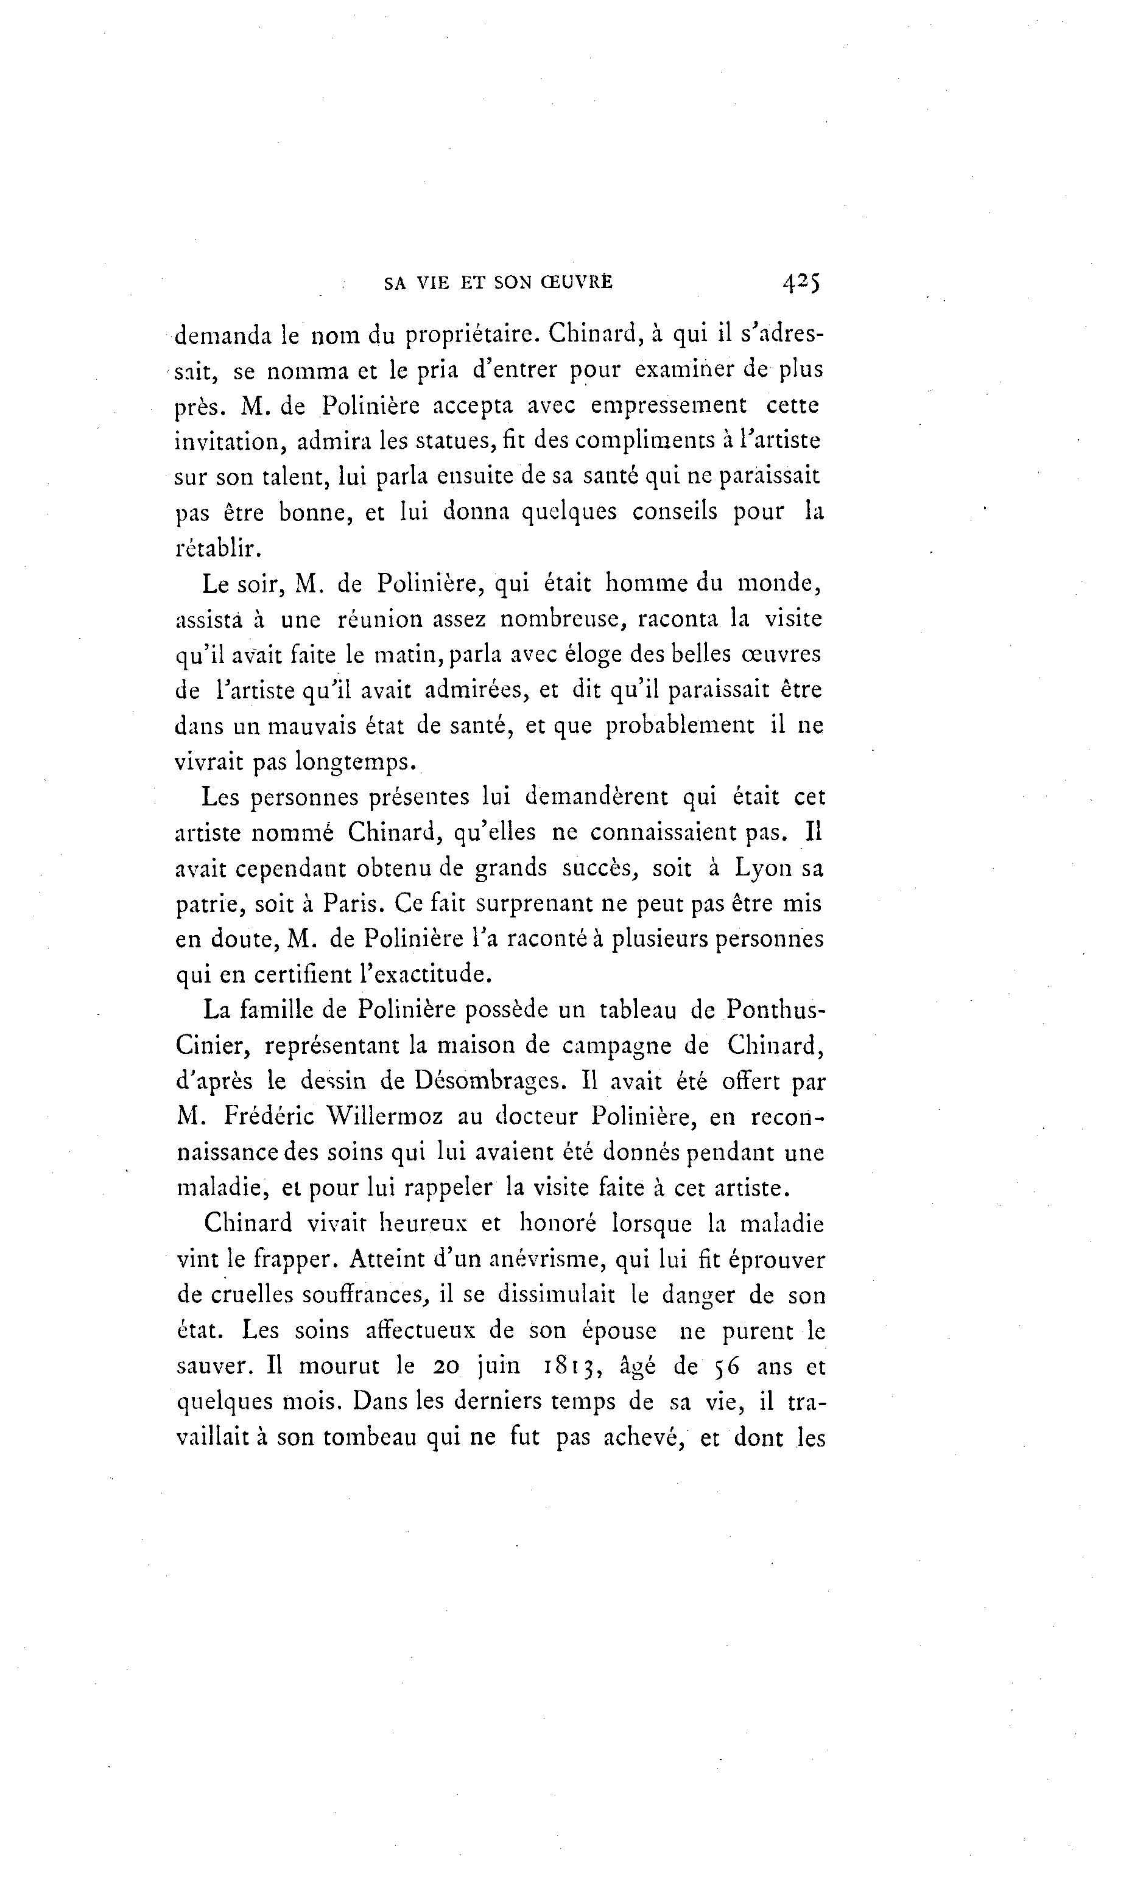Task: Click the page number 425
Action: point(800,282)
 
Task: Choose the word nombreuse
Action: point(562,618)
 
